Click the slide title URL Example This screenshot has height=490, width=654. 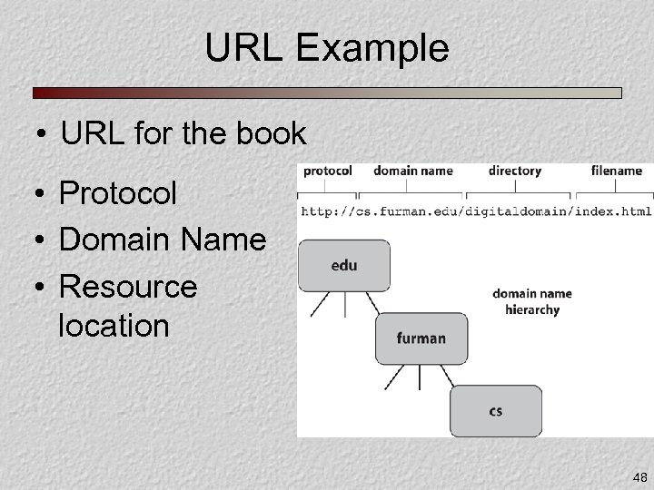326,48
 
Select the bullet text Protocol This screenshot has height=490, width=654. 117,193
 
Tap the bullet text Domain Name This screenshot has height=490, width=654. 162,240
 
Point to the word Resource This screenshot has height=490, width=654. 127,287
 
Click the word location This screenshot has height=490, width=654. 114,325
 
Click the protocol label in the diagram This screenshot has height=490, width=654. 328,171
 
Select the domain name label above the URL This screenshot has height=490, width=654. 412,171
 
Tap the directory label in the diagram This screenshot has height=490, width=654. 514,171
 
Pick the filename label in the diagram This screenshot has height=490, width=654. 617,171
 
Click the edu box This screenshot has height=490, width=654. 344,265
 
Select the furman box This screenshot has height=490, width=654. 421,338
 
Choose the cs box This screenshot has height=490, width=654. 495,411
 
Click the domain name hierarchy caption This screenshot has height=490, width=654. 532,301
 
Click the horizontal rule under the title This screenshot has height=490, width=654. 327,93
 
